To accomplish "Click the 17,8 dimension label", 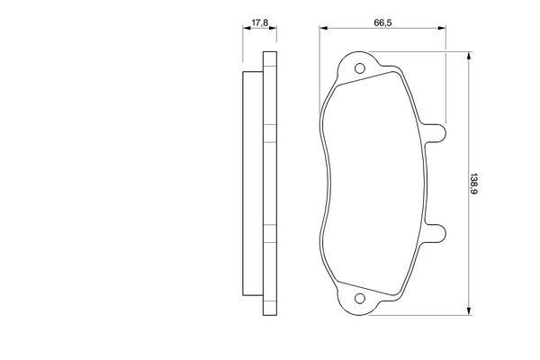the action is click(x=260, y=22).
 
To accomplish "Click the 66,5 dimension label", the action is click(x=382, y=22).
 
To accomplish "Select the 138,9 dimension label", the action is click(x=474, y=184).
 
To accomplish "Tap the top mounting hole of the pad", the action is click(x=360, y=68).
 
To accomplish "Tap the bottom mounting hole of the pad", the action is click(x=360, y=298).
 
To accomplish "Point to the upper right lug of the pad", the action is click(x=435, y=133).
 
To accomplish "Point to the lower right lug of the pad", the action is click(x=435, y=233).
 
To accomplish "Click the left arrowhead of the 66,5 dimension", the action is click(x=323, y=28).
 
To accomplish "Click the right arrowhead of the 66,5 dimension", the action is click(x=442, y=28).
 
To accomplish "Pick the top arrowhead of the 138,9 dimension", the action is click(x=468, y=56).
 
